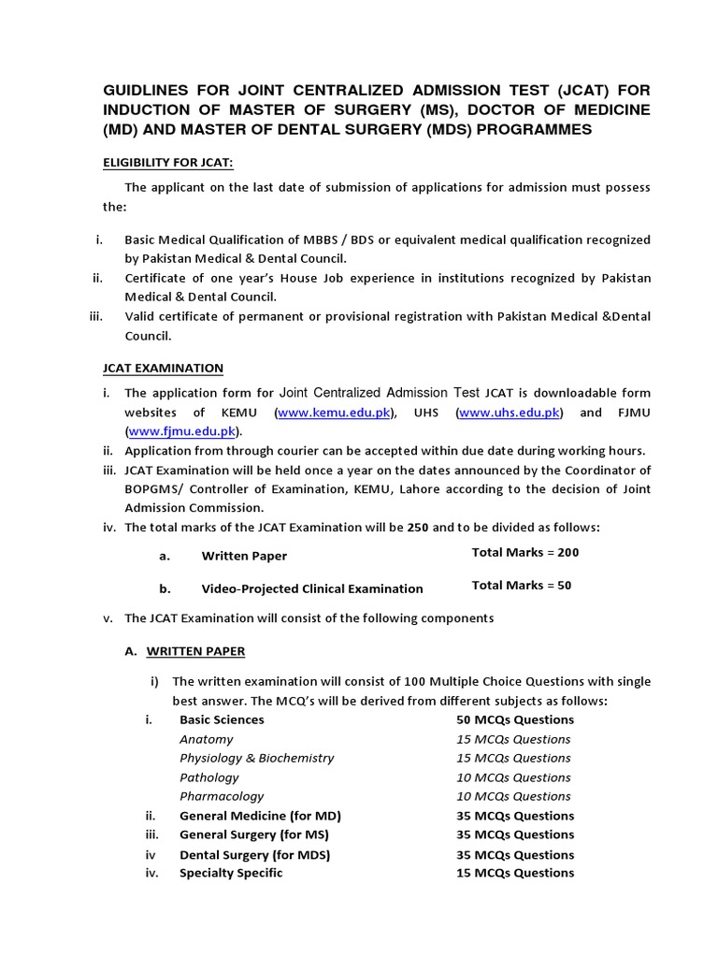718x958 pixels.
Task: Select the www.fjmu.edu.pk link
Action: point(182,431)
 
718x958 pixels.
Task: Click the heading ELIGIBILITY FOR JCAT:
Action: point(167,163)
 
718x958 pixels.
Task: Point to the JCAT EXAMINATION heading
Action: point(163,368)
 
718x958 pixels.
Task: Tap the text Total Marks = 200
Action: point(525,553)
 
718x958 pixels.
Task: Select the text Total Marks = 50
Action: point(522,586)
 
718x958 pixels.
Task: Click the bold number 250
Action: point(420,528)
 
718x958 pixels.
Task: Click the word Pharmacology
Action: point(222,796)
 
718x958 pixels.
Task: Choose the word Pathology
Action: point(209,777)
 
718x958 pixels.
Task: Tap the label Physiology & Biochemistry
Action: point(256,758)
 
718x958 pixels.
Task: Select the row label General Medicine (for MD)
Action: point(257,816)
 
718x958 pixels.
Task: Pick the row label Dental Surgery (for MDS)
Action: point(255,854)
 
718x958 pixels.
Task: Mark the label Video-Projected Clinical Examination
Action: point(312,589)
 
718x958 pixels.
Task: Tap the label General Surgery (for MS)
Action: point(254,835)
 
